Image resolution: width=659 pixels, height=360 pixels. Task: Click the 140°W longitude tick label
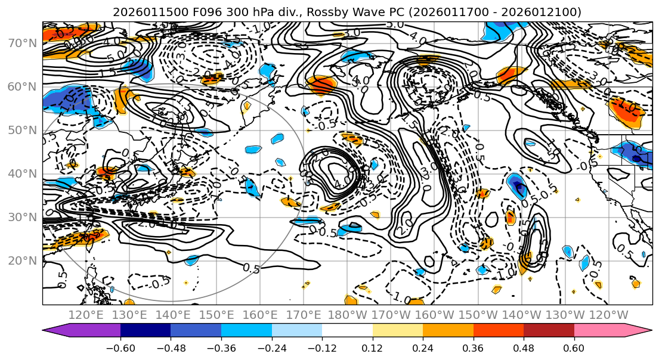(x=524, y=315)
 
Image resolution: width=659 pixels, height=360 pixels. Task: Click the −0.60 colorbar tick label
(x=120, y=347)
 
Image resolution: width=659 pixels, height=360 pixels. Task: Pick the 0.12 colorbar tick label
(x=373, y=347)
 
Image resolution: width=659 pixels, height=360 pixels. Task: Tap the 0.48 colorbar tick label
(x=524, y=347)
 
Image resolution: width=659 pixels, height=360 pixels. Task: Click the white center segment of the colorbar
(x=347, y=331)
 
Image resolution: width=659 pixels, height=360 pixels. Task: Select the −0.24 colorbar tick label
(x=271, y=347)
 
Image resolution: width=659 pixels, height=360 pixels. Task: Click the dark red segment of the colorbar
(x=549, y=331)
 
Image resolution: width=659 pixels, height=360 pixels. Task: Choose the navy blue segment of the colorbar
(x=145, y=331)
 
